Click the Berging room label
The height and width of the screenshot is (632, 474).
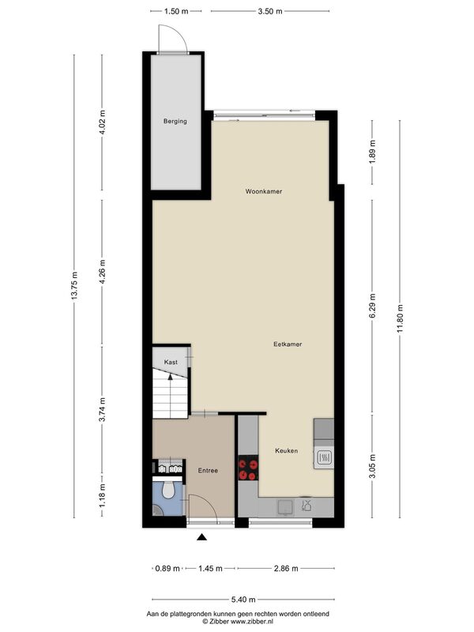pyautogui.click(x=175, y=121)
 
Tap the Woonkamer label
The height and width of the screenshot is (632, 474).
pyautogui.click(x=264, y=191)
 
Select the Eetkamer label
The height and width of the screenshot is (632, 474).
pyautogui.click(x=288, y=344)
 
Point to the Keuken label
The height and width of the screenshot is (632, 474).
pyautogui.click(x=286, y=450)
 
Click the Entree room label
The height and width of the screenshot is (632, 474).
pyautogui.click(x=208, y=470)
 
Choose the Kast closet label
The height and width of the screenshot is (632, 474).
pyautogui.click(x=171, y=362)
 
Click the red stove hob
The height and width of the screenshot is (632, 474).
pyautogui.click(x=248, y=468)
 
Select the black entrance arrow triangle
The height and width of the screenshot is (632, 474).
pyautogui.click(x=201, y=536)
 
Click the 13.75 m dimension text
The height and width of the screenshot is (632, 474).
pyautogui.click(x=74, y=286)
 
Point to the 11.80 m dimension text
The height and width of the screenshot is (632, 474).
pyautogui.click(x=400, y=318)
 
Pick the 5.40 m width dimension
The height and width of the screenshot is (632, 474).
pyautogui.click(x=243, y=600)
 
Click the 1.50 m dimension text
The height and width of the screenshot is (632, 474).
pyautogui.click(x=176, y=11)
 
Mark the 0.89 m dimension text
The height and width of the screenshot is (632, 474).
pyautogui.click(x=167, y=568)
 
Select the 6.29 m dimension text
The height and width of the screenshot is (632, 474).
pyautogui.click(x=372, y=306)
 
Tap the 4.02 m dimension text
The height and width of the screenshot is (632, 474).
pyautogui.click(x=102, y=122)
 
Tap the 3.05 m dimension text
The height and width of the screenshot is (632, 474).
pyautogui.click(x=372, y=466)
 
